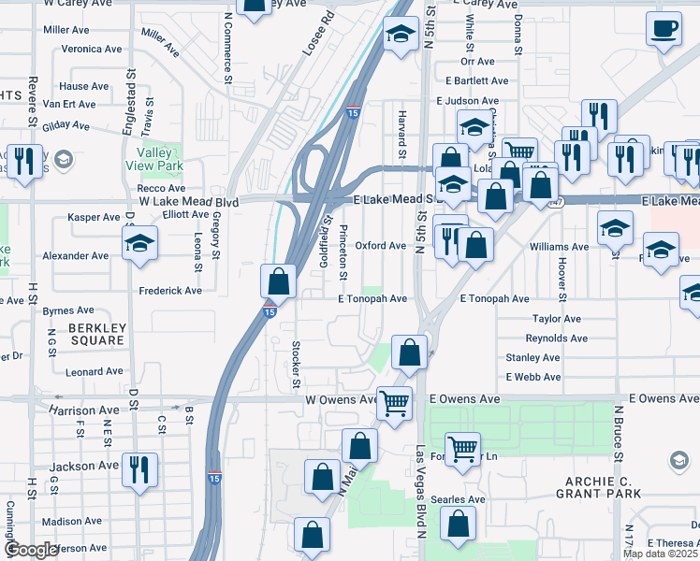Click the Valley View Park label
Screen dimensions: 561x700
coord(159,161)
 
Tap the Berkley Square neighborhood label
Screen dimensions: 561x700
coord(96,335)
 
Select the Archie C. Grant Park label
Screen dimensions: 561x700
coord(596,486)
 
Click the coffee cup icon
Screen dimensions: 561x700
coord(664,30)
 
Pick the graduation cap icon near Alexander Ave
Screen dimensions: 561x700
coord(140,244)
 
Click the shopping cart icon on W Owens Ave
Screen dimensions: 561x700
coord(395,403)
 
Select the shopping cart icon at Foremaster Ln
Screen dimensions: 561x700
coord(462,450)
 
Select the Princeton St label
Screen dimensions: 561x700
coord(343,252)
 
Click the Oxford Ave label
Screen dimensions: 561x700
coord(380,246)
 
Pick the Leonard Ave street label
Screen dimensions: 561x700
coord(94,371)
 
